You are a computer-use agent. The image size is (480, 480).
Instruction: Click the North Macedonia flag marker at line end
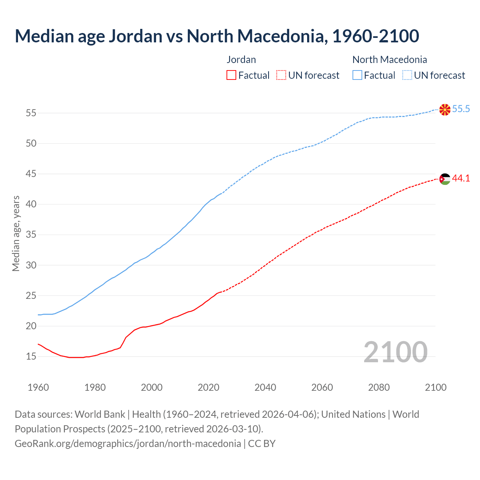point(445,109)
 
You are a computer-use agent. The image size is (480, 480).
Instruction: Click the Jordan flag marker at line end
point(445,179)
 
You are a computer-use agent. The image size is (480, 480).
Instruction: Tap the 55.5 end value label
point(461,109)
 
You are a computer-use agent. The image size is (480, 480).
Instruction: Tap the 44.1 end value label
point(461,178)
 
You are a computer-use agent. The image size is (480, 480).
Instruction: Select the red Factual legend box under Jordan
point(231,75)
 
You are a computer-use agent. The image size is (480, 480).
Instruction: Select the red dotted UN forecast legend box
point(281,75)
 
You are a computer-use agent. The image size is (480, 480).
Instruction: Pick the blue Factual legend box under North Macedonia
point(357,75)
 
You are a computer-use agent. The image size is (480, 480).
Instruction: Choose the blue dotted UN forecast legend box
point(407,75)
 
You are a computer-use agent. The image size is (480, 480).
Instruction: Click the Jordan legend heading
point(241,60)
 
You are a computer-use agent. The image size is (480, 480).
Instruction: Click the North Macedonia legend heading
point(390,60)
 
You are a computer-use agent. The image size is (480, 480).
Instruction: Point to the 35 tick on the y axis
point(31,235)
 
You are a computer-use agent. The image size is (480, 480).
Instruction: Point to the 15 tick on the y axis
point(31,356)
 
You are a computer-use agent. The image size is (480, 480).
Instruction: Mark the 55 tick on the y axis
point(31,113)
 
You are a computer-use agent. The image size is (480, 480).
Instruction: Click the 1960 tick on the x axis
point(38,387)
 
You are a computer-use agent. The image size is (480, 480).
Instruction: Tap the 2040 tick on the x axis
point(265,387)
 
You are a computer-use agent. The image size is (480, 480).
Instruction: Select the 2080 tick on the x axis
point(379,387)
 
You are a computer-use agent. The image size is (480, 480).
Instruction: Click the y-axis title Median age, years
point(16,233)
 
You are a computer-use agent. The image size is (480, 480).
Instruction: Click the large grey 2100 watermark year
point(395,352)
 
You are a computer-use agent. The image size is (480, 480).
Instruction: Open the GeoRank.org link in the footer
point(127,444)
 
